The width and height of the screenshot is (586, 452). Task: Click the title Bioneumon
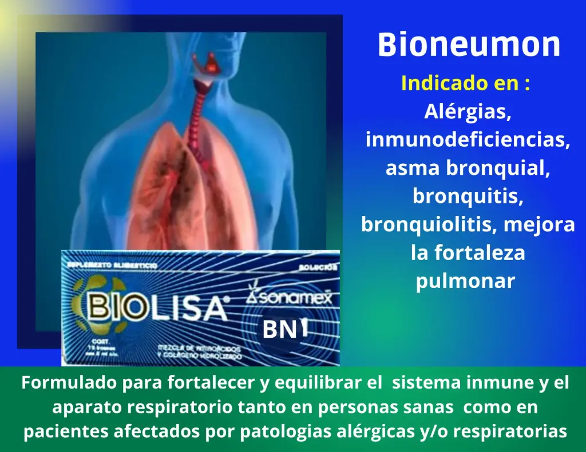point(469,45)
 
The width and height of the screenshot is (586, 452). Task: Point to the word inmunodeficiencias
point(468,139)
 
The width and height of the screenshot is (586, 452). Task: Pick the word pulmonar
point(465,281)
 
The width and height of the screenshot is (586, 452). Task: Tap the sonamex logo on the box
point(293,298)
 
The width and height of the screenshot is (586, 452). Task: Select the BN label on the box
point(279,330)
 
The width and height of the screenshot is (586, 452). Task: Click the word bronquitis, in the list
point(468,196)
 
